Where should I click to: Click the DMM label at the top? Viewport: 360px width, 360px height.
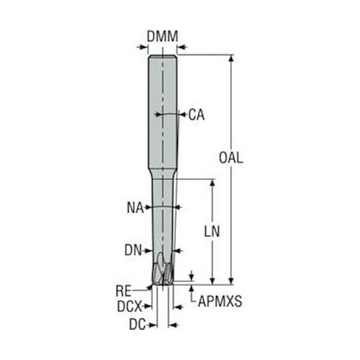click(163, 37)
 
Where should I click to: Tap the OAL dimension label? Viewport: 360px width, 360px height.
click(231, 158)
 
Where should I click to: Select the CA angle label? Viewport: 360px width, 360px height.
click(197, 114)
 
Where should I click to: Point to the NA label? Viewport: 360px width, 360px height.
click(135, 208)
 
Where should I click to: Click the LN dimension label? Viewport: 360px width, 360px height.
click(212, 232)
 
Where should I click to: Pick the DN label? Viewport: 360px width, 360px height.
click(133, 251)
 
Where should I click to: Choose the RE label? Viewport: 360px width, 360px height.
click(124, 291)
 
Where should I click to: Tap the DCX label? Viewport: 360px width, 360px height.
click(130, 307)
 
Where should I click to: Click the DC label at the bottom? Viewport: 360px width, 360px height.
click(138, 325)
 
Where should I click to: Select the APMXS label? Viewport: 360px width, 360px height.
click(220, 301)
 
